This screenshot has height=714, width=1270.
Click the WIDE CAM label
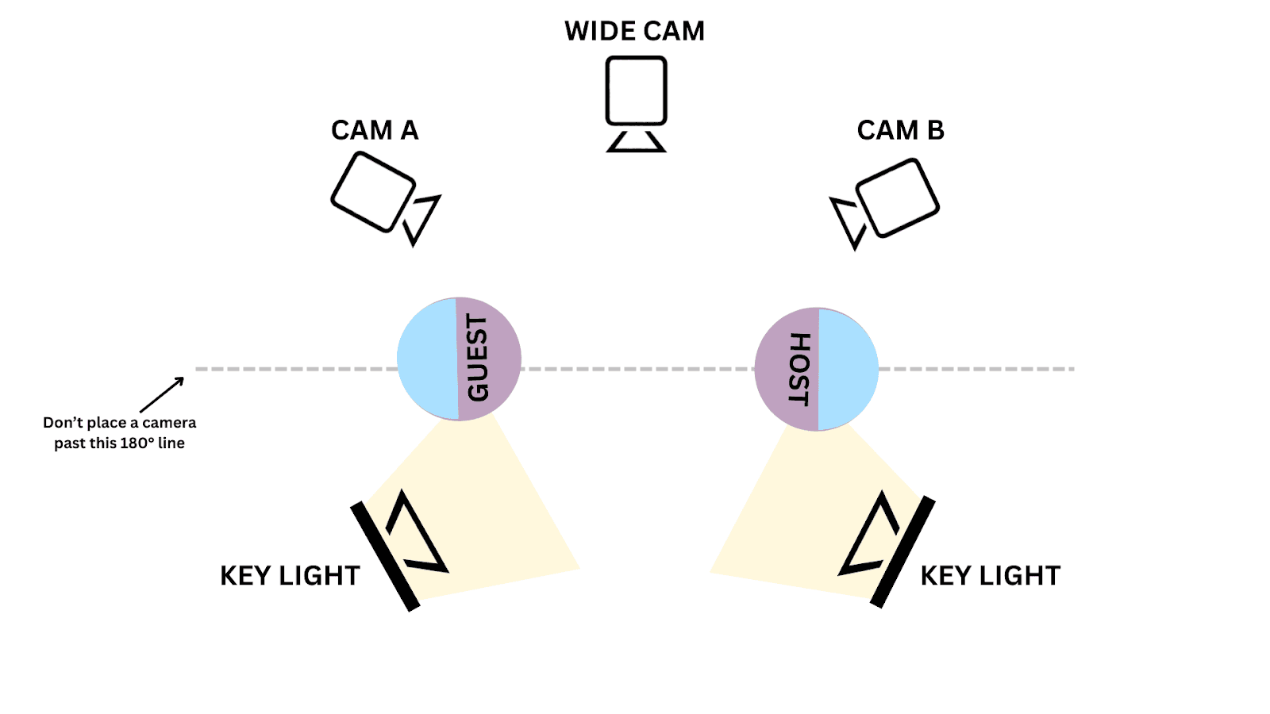pyautogui.click(x=634, y=31)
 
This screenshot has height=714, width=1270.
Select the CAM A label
pyautogui.click(x=374, y=130)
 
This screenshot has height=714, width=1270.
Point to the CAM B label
pyautogui.click(x=900, y=130)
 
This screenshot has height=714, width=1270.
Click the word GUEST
pyautogui.click(x=478, y=358)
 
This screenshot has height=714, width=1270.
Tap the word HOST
pyautogui.click(x=799, y=369)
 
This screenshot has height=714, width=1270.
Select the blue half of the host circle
pyautogui.click(x=848, y=370)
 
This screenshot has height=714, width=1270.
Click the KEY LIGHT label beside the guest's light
pyautogui.click(x=290, y=576)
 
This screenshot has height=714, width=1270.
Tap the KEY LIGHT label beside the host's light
pyautogui.click(x=990, y=576)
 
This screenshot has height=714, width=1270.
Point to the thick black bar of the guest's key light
pyautogui.click(x=385, y=556)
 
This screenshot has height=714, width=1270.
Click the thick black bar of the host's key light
pyautogui.click(x=902, y=552)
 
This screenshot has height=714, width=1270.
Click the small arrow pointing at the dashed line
pyautogui.click(x=162, y=394)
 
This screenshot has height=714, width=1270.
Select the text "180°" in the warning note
pyautogui.click(x=137, y=443)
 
